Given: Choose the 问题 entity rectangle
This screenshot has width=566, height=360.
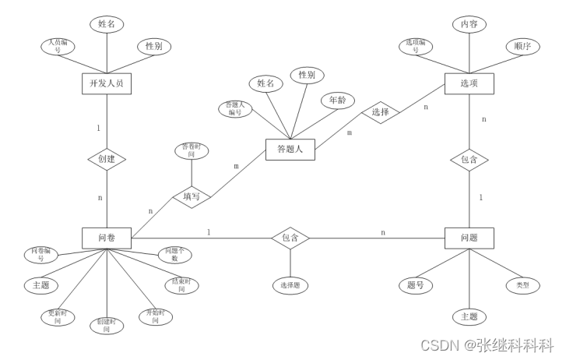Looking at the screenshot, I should click(x=469, y=238).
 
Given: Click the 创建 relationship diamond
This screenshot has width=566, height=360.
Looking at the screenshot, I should click(x=106, y=159).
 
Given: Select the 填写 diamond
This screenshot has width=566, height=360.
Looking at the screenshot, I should click(x=192, y=196).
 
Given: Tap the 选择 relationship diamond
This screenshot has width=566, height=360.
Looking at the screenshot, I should click(x=380, y=112).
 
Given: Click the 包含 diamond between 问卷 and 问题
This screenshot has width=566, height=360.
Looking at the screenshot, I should click(x=290, y=237).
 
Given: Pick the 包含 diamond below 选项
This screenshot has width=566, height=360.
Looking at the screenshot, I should click(x=469, y=160).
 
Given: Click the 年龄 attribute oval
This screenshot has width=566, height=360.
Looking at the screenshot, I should click(x=337, y=101).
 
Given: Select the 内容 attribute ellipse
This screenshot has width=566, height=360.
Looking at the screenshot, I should click(x=469, y=24).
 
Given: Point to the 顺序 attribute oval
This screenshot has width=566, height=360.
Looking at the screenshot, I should click(x=522, y=46).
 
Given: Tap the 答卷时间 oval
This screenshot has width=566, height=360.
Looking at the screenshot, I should click(x=191, y=151).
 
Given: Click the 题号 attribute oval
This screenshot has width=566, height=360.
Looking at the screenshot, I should click(x=415, y=286).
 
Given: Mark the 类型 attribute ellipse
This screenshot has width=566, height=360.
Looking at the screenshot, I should click(x=522, y=286).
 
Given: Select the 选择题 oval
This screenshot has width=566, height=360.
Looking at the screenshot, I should click(x=290, y=286).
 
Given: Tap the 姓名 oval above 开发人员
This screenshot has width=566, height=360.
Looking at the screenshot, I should click(x=106, y=24).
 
